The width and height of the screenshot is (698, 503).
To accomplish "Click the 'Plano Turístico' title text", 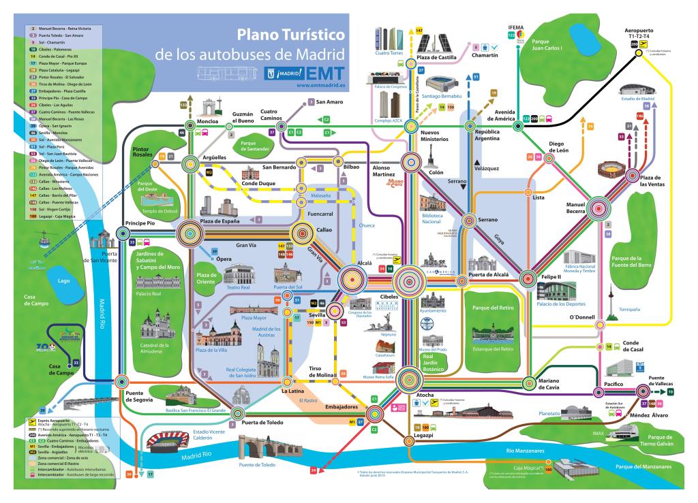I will pyautogui.click(x=291, y=34).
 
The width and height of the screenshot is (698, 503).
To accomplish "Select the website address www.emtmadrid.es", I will pyautogui.click(x=321, y=86).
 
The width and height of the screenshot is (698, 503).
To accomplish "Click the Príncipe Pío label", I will pyautogui.click(x=141, y=223).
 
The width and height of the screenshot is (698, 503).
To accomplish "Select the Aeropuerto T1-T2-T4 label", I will pyautogui.click(x=643, y=35).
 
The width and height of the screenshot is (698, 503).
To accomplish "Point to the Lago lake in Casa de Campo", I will pyautogui.click(x=64, y=280).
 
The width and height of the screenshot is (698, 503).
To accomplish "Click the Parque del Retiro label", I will pyautogui.click(x=492, y=307).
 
